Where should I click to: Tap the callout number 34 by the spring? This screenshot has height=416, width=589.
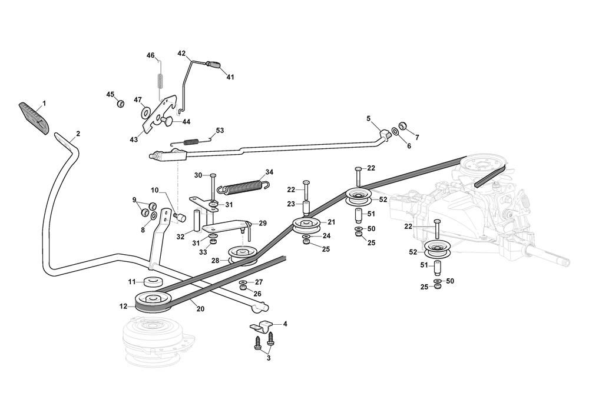click(x=269, y=172)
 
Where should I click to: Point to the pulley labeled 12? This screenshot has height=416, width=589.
click(x=152, y=301)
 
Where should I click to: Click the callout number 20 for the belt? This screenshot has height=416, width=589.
click(x=200, y=309)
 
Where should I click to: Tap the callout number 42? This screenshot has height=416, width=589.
click(x=181, y=54)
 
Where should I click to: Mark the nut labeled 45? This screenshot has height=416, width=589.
click(x=120, y=104)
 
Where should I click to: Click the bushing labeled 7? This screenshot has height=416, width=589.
click(x=403, y=126)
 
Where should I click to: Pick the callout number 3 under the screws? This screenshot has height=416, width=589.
click(x=269, y=358)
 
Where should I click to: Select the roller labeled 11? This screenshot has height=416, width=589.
click(x=153, y=281)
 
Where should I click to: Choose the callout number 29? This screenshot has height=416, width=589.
click(x=263, y=224)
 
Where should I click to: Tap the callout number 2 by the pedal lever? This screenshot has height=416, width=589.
click(x=78, y=134)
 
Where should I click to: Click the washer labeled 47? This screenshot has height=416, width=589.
click(x=145, y=111)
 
